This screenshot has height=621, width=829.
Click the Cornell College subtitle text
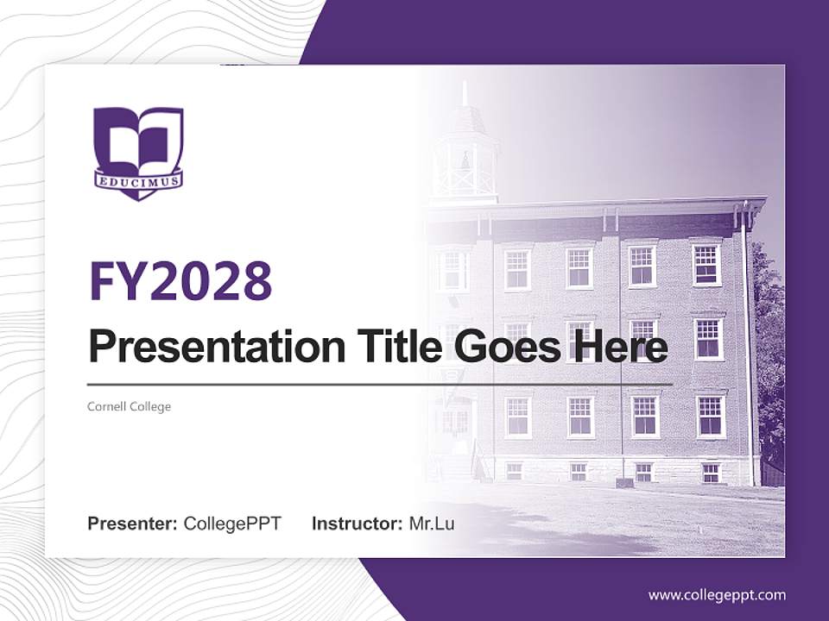tap(130, 406)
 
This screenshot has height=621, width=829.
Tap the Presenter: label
tap(133, 524)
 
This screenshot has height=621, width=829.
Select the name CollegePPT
tap(232, 524)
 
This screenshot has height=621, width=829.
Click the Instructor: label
tap(357, 524)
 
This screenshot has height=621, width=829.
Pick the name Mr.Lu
tap(432, 524)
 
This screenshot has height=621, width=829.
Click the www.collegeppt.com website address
tap(717, 595)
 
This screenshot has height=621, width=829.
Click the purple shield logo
tap(138, 151)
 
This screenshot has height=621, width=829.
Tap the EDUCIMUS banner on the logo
tap(138, 182)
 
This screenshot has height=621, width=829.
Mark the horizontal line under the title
tap(380, 385)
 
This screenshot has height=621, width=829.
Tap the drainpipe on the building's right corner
tap(747, 345)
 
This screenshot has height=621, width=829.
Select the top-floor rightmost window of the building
tap(706, 265)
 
